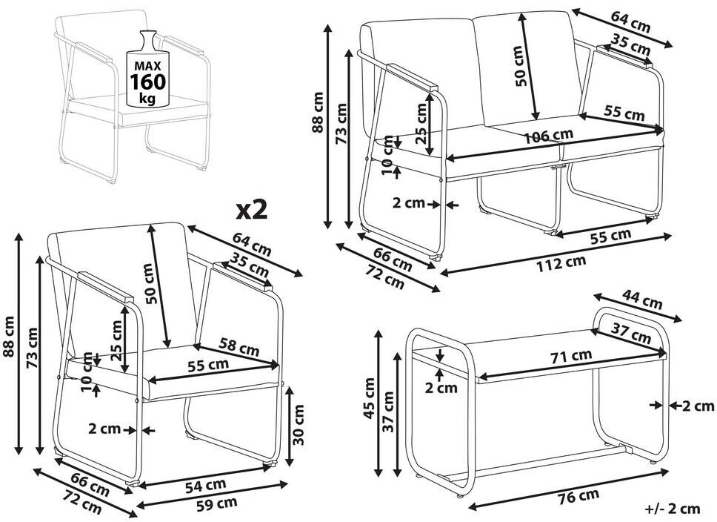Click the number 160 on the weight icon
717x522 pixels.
point(147,82)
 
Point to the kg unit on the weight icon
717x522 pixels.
point(147,98)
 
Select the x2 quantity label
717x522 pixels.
point(252,210)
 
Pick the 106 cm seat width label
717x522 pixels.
point(548,136)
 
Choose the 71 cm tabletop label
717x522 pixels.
point(571,356)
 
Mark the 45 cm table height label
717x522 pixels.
point(369,398)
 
